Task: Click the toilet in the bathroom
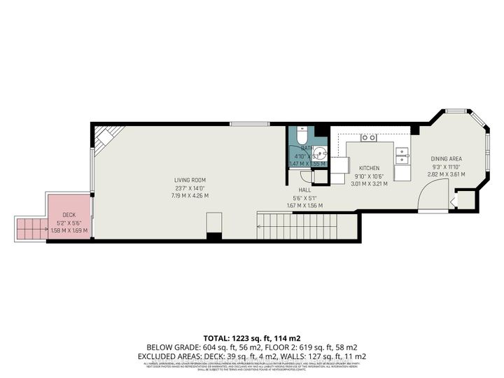(x=302, y=133)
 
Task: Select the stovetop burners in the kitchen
(x=369, y=138)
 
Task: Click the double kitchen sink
(x=402, y=155)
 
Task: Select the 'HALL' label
(x=304, y=190)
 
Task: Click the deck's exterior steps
(x=31, y=227)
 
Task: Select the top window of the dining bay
(x=456, y=111)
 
